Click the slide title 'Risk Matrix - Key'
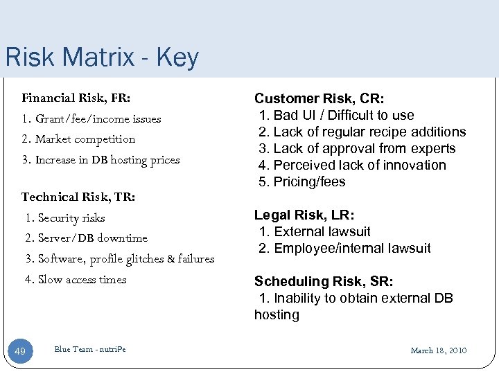coord(101,57)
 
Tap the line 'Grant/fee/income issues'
coord(91,118)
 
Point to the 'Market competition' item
coord(79,139)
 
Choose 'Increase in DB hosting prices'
coord(101,160)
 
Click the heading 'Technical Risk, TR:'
coord(78,197)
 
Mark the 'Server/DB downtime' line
coord(86,238)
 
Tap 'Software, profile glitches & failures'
coord(120,259)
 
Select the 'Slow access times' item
coord(76,280)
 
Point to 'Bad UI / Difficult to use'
coord(337,115)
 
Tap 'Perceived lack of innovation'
coord(353,165)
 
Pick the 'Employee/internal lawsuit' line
coord(345,248)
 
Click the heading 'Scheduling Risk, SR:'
coord(324,281)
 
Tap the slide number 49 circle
coord(20,352)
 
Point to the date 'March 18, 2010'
coord(439,350)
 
